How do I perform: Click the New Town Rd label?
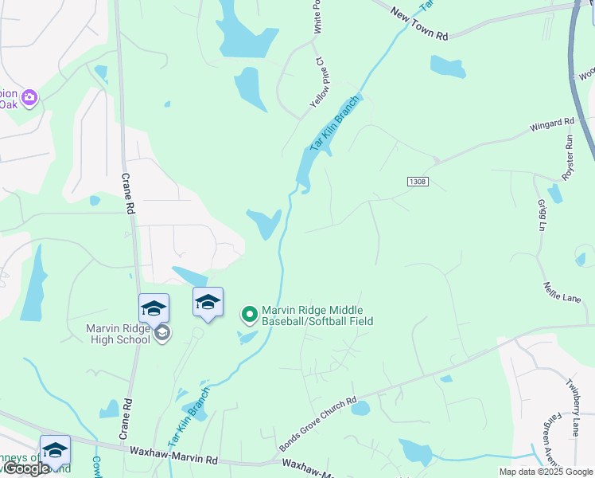click(421, 24)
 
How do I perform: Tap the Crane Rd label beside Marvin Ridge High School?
click(126, 194)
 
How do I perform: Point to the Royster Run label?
click(567, 157)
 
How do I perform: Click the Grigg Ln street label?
click(542, 215)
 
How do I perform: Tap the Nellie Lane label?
click(563, 291)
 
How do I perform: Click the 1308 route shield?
click(418, 182)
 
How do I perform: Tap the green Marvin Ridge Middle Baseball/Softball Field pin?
click(249, 315)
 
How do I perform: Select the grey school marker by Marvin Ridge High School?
click(162, 333)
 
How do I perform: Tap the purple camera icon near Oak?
click(29, 98)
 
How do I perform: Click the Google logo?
click(26, 468)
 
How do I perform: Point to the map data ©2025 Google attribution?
click(546, 472)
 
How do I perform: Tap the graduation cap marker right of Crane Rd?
click(208, 303)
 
